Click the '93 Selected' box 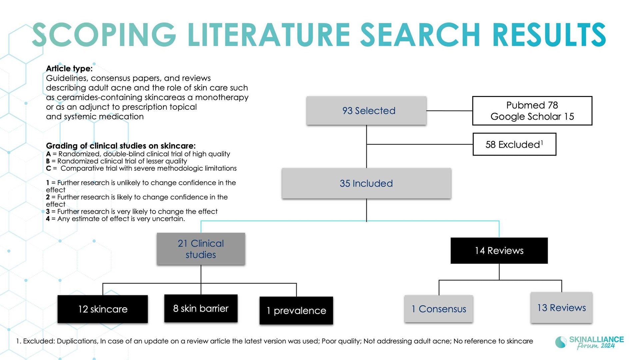tap(366, 111)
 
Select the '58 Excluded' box tap(514, 144)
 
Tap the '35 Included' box tap(366, 183)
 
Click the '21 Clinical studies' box tap(201, 249)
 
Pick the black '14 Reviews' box tap(499, 251)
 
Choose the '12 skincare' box tap(103, 309)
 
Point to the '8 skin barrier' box tap(201, 308)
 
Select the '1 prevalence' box tap(296, 310)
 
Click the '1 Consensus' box tap(439, 309)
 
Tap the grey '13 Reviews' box tap(561, 308)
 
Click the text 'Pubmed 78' tap(532, 105)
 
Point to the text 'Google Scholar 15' tap(532, 116)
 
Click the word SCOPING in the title tap(104, 34)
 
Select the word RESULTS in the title tap(549, 34)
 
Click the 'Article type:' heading tap(69, 69)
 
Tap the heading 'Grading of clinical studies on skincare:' tap(121, 146)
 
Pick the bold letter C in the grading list tap(48, 168)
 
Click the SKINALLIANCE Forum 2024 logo tap(589, 343)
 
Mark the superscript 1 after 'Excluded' tap(542, 142)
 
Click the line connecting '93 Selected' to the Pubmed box tap(449, 111)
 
